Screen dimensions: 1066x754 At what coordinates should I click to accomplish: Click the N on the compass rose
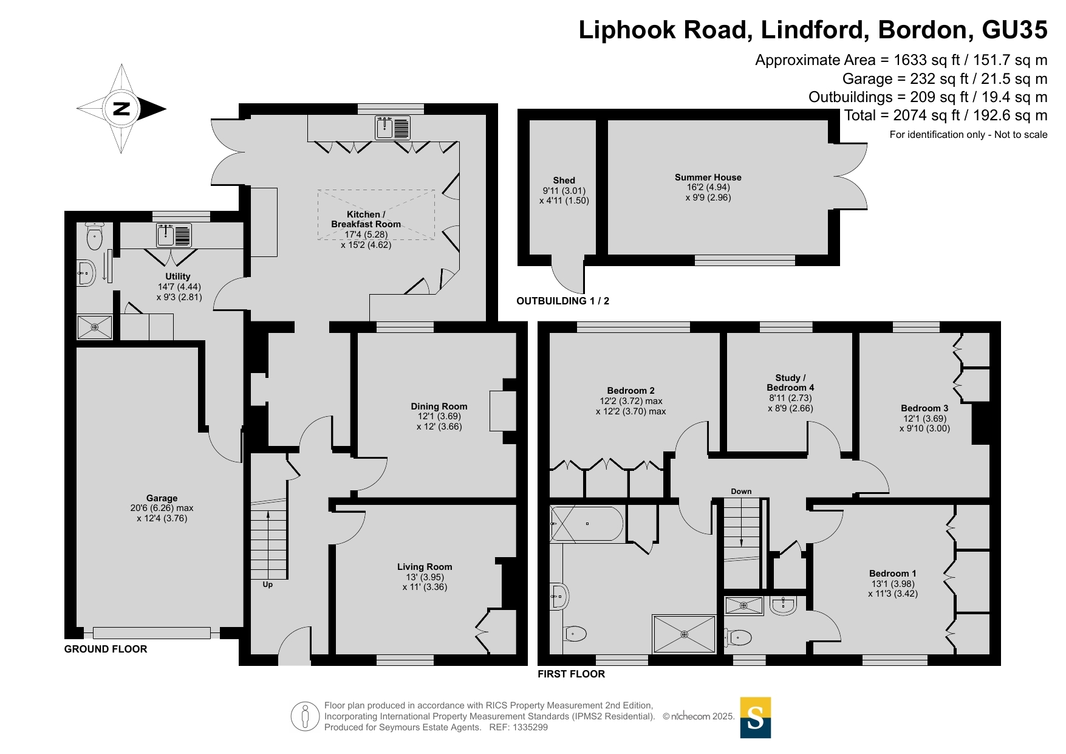pos(121,109)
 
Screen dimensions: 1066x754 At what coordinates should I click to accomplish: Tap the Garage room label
pos(162,498)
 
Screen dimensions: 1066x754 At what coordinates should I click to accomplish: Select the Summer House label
pos(708,177)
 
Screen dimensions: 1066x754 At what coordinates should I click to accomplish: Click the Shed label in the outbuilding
pos(564,180)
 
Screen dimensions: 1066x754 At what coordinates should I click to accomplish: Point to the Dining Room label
pos(439,406)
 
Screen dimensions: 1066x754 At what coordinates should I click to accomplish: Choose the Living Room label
pos(425,567)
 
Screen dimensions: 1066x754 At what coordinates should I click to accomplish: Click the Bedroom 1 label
pos(893,574)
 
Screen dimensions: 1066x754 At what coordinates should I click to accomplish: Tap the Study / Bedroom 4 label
pos(790,383)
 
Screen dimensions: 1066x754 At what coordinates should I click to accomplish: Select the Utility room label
pos(178,276)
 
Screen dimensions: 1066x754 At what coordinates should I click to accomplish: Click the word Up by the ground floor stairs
pos(268,584)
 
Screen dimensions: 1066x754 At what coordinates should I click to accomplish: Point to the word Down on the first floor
pos(741,492)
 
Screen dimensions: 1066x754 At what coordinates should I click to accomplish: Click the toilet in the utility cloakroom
pos(94,236)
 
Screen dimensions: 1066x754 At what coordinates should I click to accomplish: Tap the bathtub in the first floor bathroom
pos(586,524)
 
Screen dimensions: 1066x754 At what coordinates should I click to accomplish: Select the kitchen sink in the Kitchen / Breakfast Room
pos(393,128)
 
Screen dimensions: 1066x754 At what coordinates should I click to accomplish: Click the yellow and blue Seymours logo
pos(756,718)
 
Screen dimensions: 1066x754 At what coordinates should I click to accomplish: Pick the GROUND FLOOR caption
pos(106,649)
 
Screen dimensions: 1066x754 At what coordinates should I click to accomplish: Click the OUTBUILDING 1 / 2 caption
pos(562,301)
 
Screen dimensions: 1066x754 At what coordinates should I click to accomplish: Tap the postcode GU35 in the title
pos(1014,30)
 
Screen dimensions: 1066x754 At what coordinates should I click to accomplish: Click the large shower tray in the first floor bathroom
pos(685,634)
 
